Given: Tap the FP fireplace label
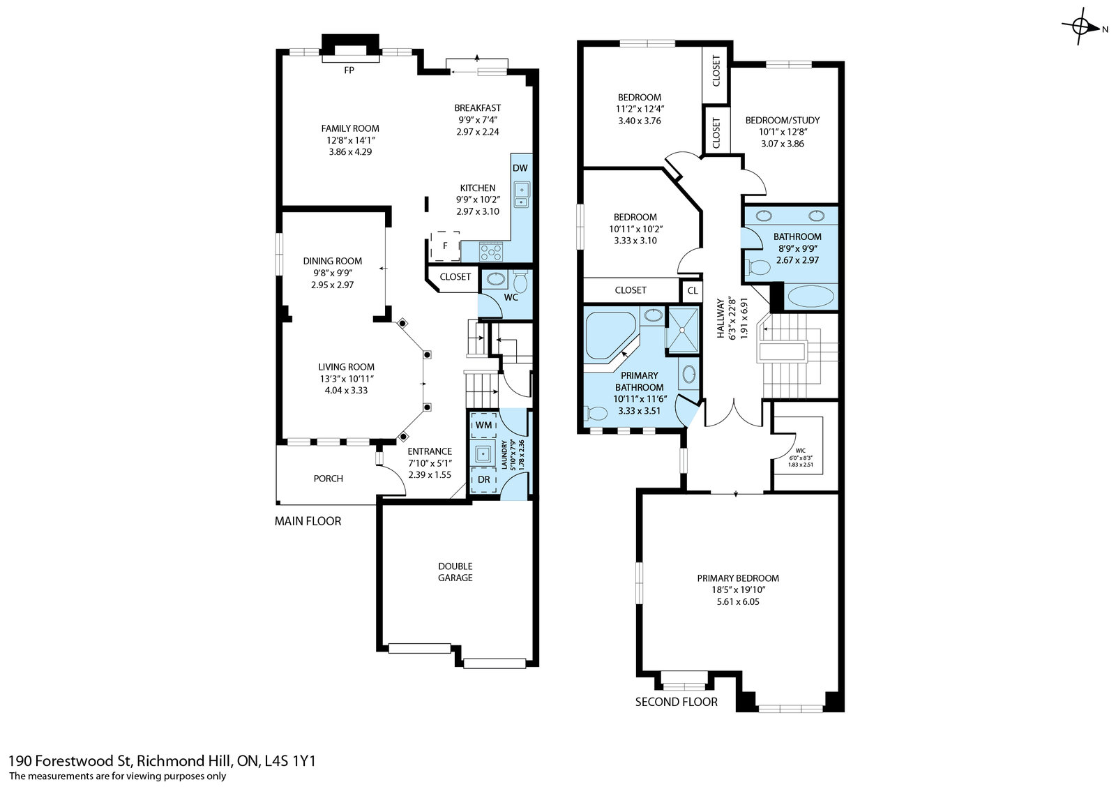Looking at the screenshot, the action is [x=349, y=70].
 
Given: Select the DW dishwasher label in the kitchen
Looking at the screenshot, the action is [x=520, y=168].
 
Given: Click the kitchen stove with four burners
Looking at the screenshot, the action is [x=491, y=251].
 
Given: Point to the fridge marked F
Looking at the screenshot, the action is [x=445, y=246].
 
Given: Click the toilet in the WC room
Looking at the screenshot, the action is [x=520, y=282].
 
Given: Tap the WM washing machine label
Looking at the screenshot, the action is [x=483, y=425].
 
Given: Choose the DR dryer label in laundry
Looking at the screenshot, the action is [x=484, y=479].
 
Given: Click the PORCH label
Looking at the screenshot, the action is [x=328, y=479].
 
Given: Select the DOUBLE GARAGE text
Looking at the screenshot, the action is [x=455, y=571].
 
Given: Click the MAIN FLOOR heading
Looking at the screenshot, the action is [x=308, y=521].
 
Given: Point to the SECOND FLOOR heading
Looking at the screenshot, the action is [x=676, y=702].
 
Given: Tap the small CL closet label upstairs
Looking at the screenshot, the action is [x=693, y=291].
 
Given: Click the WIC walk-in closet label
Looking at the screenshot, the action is [x=800, y=451].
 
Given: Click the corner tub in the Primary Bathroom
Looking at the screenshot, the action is [x=610, y=336].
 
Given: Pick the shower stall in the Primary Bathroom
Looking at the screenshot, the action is [x=683, y=330].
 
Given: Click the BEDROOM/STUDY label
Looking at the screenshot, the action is [x=782, y=120].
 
